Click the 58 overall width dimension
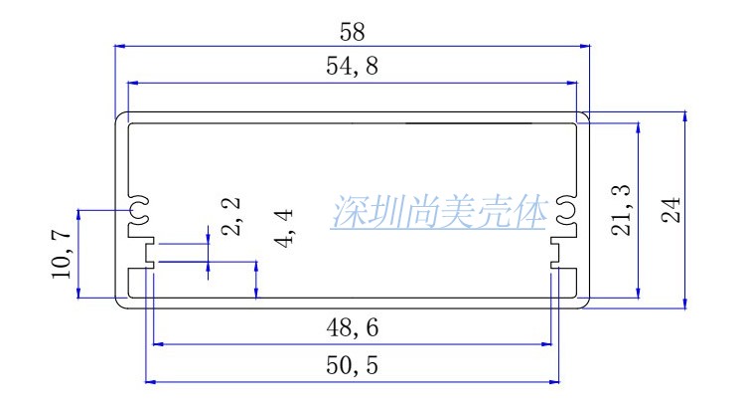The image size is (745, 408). click(x=351, y=32)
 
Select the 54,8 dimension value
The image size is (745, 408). click(x=351, y=69)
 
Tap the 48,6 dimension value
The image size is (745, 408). click(x=351, y=327)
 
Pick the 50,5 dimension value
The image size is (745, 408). click(x=351, y=365)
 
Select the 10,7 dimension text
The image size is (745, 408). click(x=62, y=253)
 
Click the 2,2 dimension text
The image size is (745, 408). click(x=231, y=215)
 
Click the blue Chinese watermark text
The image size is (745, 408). click(x=440, y=213)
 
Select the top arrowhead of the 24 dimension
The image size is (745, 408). click(x=684, y=117)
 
